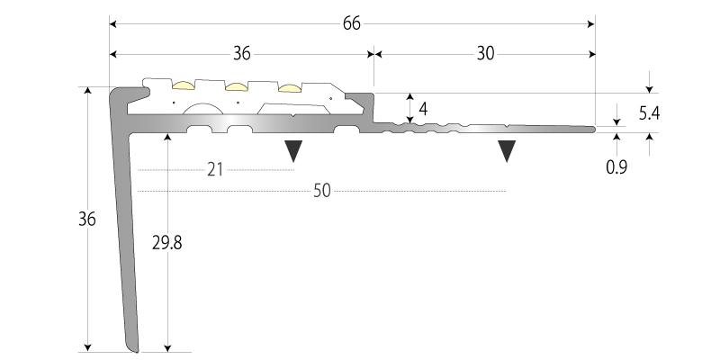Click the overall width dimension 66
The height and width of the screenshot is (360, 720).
coord(352,24)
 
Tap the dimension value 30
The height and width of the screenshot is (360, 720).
coord(485,54)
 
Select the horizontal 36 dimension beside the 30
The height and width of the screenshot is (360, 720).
coord(241,54)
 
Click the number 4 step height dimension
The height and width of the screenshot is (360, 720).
coord(422,109)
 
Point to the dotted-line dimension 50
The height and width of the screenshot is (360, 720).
coord(322,191)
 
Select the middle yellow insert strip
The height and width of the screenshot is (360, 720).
coord(237,86)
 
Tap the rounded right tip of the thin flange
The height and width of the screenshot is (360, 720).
coord(593,129)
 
